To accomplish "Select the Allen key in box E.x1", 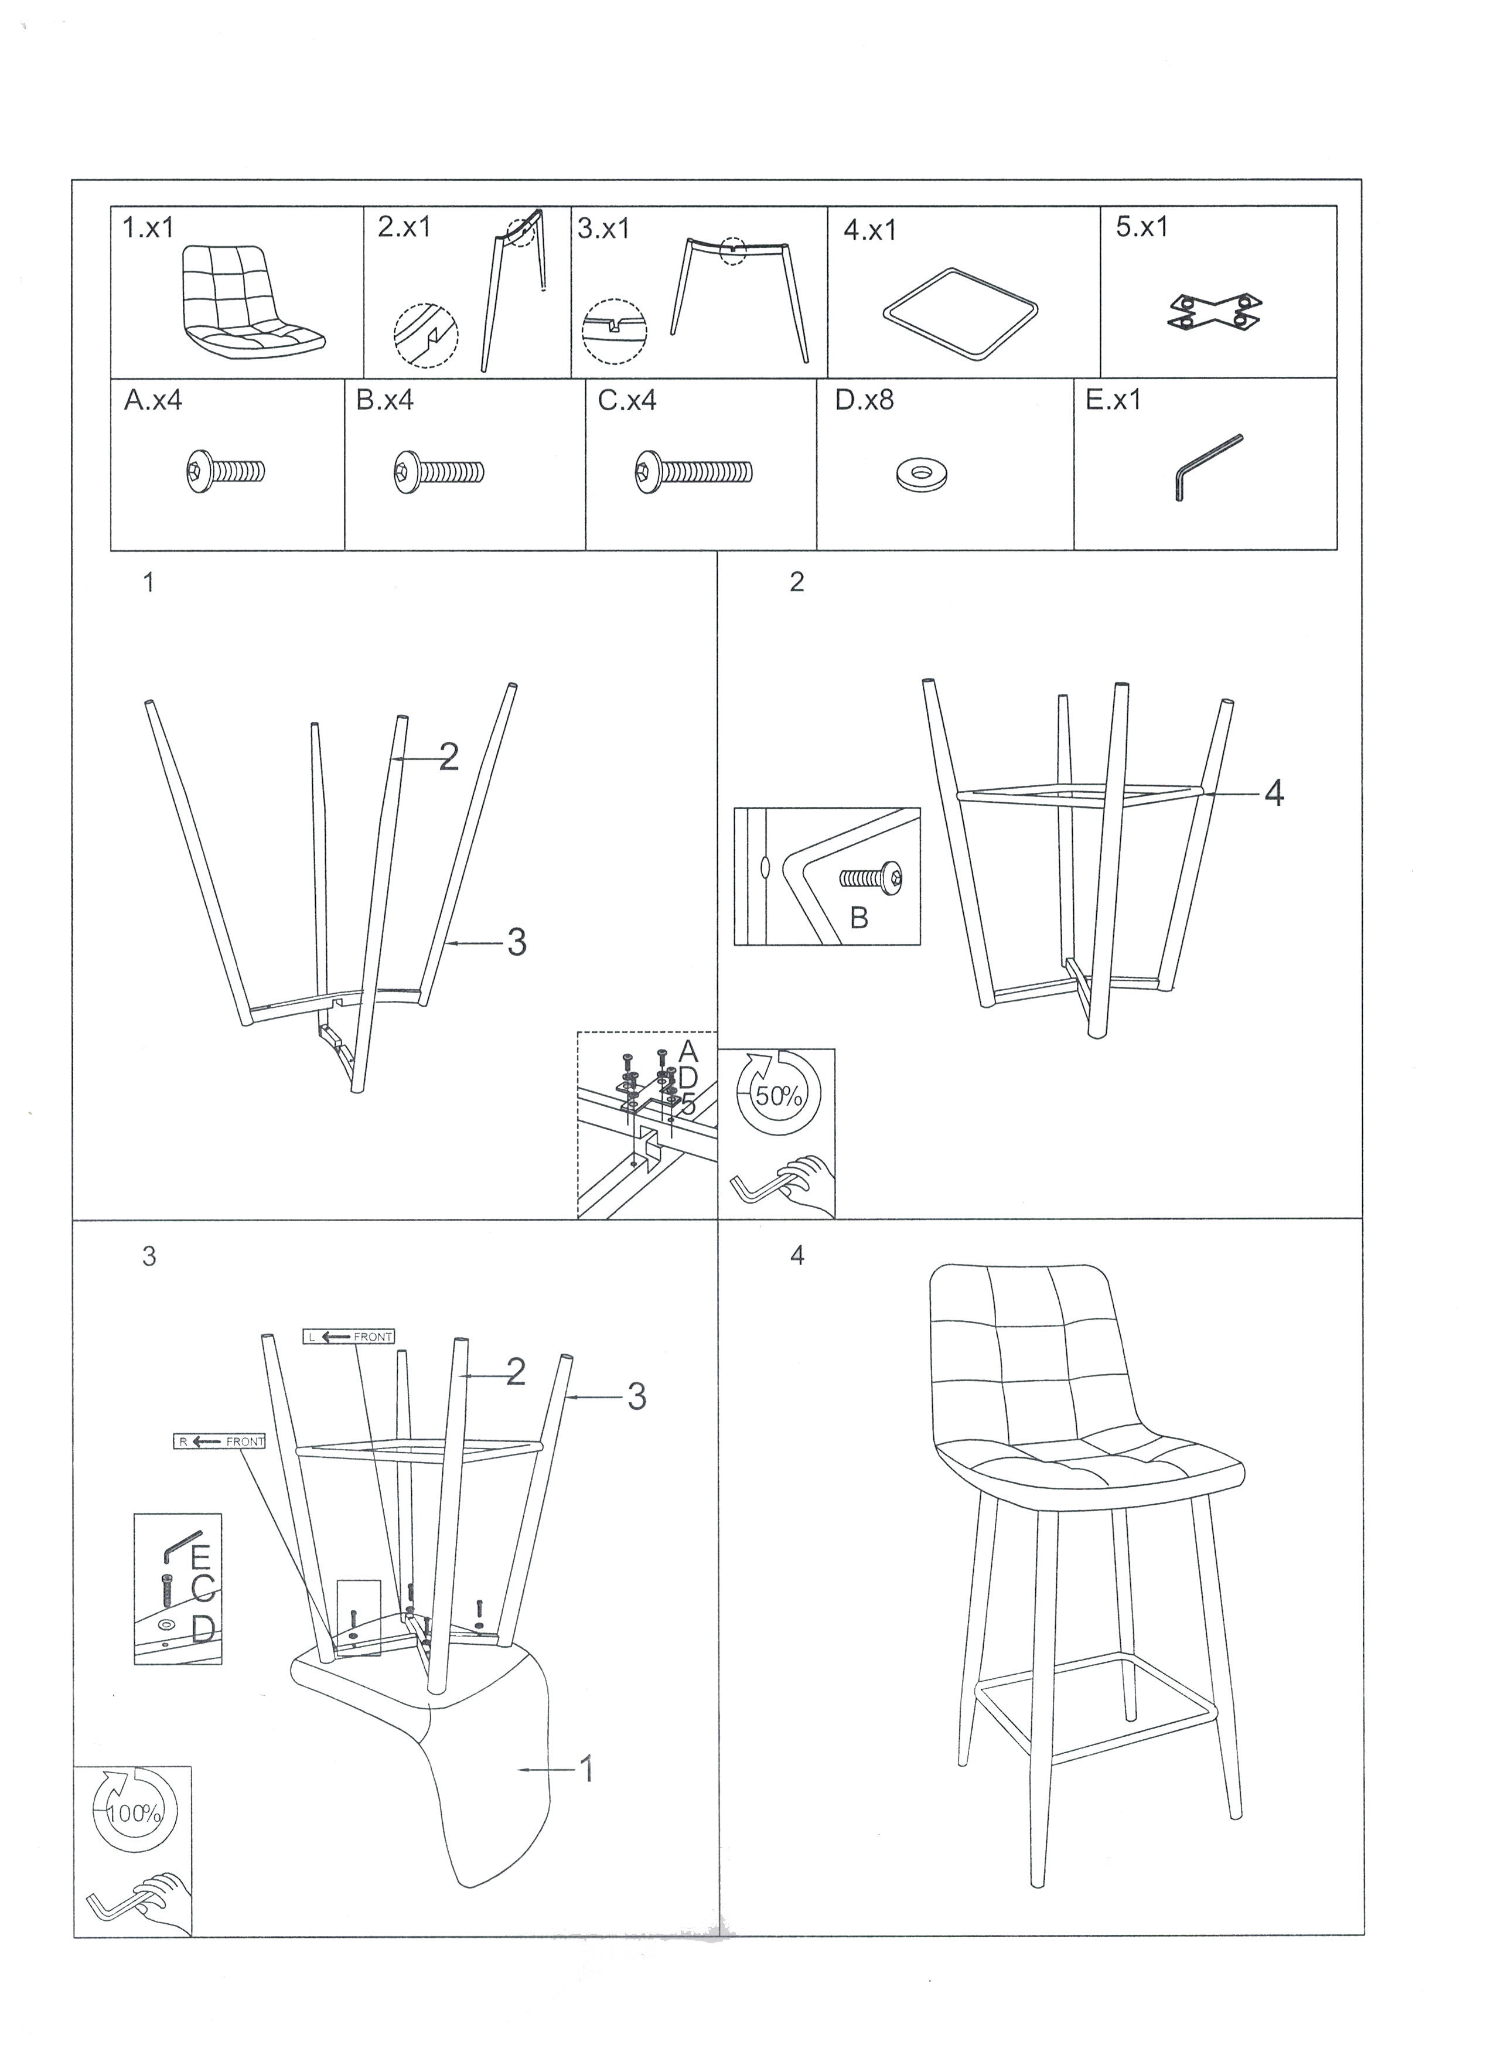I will click(1209, 466).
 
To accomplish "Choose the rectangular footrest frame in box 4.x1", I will click(960, 315).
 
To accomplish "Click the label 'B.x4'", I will click(385, 400).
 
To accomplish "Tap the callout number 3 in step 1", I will click(516, 942).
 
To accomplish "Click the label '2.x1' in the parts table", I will click(404, 227).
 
